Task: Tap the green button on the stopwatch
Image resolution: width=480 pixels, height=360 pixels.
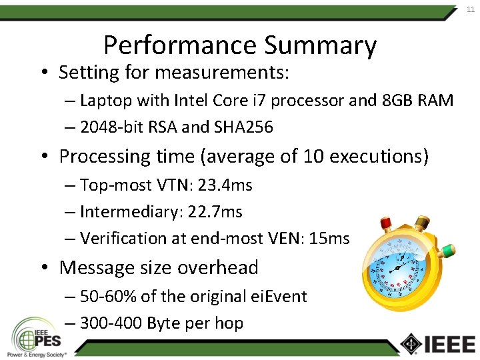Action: pyautogui.click(x=448, y=252)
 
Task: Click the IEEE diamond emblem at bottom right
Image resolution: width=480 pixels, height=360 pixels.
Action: pyautogui.click(x=409, y=343)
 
